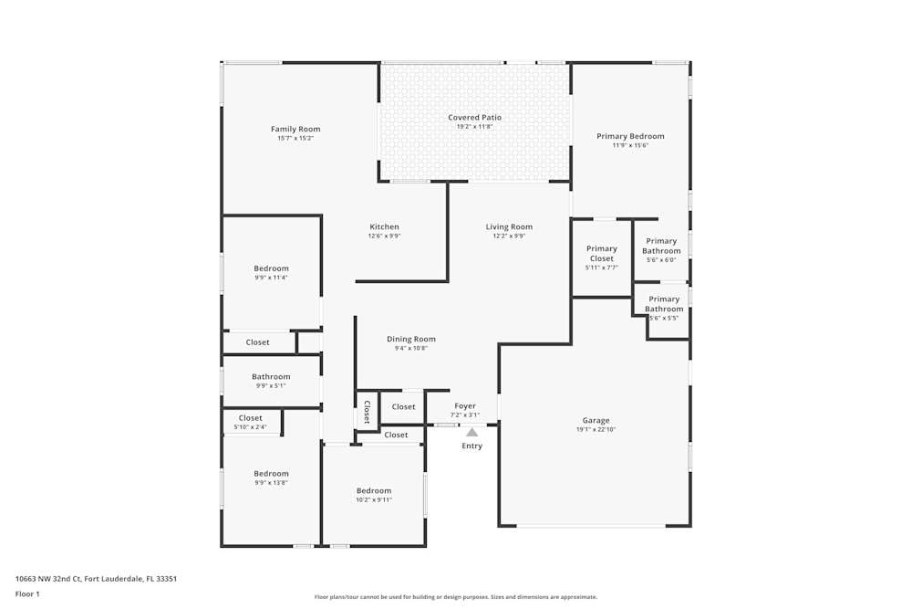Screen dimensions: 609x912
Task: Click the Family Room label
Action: [295, 130]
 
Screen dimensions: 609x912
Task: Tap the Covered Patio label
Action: [474, 118]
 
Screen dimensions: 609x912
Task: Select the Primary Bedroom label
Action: [630, 136]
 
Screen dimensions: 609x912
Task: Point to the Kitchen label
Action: [384, 227]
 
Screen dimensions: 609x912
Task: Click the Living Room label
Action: [509, 227]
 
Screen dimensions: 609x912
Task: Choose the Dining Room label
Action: [410, 340]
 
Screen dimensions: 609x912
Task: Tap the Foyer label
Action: [465, 406]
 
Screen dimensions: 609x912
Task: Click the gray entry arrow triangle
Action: [472, 432]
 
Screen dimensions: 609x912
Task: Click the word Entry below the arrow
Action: [472, 446]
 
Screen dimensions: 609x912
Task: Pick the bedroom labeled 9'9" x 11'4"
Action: [271, 268]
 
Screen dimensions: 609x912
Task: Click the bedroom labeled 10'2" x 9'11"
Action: [374, 491]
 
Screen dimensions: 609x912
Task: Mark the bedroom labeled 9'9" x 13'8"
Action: [271, 474]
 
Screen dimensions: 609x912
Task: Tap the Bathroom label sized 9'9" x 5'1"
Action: [271, 377]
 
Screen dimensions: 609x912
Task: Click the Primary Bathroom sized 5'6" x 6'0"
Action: [661, 247]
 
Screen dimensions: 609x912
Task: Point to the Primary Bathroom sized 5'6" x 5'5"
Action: [664, 304]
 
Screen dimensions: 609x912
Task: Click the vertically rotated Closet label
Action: [367, 412]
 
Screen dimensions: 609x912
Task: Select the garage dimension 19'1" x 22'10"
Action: [596, 429]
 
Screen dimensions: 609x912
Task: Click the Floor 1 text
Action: [27, 593]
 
